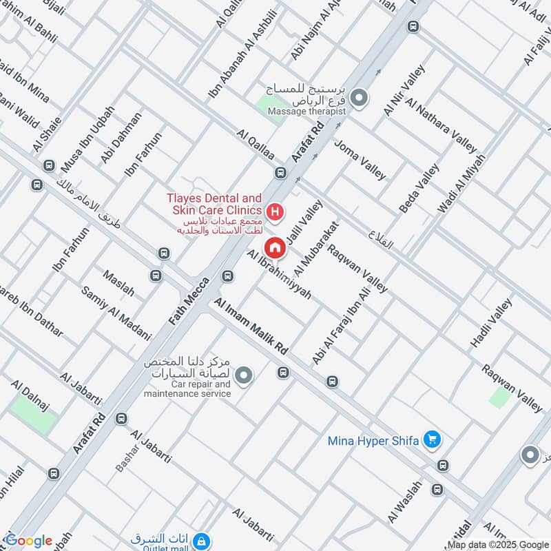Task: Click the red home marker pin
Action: [275, 247]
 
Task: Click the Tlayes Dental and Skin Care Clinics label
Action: [214, 204]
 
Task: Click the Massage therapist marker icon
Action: [358, 100]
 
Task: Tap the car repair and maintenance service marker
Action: [244, 375]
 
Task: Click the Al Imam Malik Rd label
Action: [251, 327]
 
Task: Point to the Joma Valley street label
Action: [360, 159]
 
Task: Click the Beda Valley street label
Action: [419, 188]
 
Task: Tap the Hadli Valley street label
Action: [491, 323]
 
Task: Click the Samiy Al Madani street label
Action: [116, 313]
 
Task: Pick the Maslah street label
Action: [118, 283]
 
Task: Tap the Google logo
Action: [29, 541]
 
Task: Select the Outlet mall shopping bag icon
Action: [201, 540]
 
